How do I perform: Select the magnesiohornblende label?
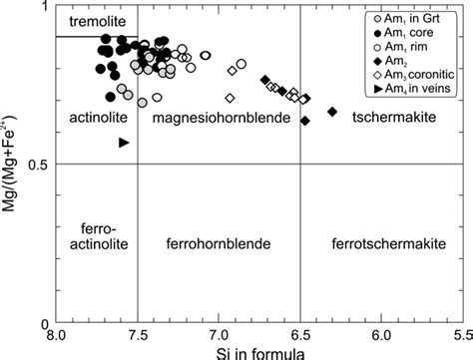219,119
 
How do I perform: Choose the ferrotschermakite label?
384,242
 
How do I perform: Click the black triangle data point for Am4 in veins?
124,143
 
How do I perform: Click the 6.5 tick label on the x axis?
300,337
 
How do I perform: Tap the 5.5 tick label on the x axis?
460,337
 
